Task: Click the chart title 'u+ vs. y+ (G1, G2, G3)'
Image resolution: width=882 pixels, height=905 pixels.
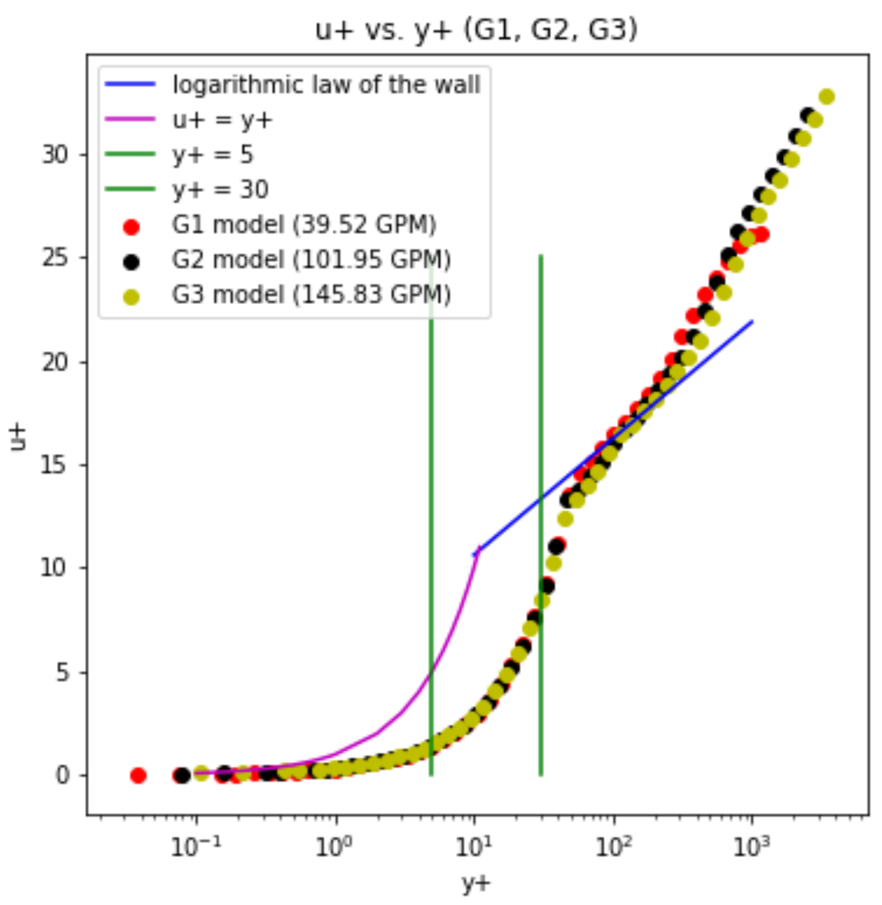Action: [476, 31]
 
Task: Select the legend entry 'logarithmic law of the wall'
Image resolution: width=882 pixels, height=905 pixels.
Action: [326, 85]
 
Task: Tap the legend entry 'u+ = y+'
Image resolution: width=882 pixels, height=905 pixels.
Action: [223, 120]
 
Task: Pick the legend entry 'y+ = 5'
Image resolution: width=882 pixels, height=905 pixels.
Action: [213, 155]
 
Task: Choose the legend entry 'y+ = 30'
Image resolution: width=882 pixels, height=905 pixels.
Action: [220, 189]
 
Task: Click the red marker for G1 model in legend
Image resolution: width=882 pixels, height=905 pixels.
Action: [131, 227]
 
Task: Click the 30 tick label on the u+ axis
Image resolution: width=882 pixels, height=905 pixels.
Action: [55, 155]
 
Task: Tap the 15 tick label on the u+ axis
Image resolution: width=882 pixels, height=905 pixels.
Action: [55, 466]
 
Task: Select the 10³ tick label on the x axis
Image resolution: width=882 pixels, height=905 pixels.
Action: [751, 848]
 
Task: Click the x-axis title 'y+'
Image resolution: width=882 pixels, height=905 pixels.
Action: [476, 884]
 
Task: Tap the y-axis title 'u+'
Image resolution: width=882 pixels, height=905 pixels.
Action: [18, 438]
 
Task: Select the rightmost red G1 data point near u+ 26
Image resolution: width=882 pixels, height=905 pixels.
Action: [761, 235]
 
